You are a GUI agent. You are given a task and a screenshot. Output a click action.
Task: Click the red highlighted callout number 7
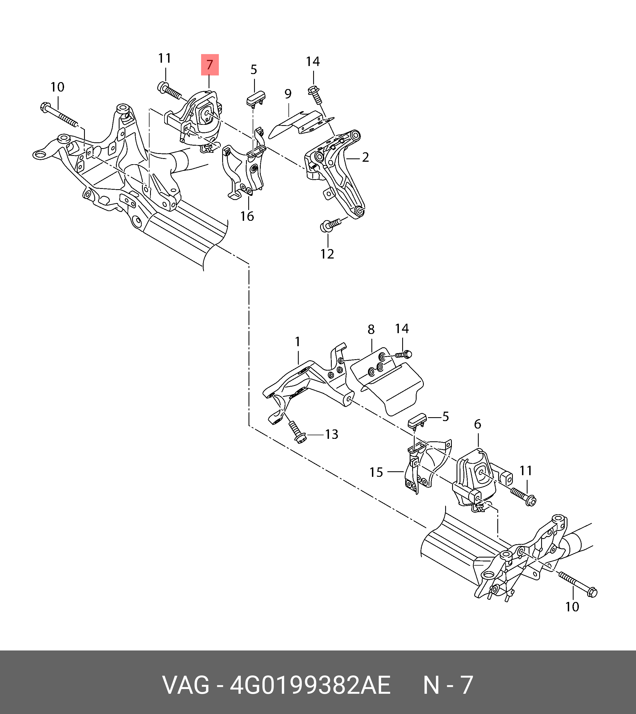pos(209,65)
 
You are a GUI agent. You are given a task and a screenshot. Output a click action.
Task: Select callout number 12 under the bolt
pos(328,254)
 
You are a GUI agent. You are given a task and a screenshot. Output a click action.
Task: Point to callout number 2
pos(365,157)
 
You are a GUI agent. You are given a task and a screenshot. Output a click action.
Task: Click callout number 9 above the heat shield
pos(288,94)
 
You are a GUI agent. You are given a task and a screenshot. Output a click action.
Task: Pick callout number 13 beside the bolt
pos(332,434)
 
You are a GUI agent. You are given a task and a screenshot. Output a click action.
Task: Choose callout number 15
pos(376,472)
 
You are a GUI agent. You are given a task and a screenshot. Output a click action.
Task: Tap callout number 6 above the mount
pos(477,424)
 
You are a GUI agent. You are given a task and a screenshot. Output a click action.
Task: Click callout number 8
pos(371,329)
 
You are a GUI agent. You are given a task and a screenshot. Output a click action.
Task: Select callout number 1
pos(297,341)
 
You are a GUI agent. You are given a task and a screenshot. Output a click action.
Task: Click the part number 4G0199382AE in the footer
pos(310,685)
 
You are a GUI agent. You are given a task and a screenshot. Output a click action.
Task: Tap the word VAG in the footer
pos(186,685)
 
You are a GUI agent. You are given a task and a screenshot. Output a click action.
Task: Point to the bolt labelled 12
pos(330,224)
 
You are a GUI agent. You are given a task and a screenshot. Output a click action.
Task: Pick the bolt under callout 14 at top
pos(315,95)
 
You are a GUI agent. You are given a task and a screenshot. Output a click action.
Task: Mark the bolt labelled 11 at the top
pos(170,90)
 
